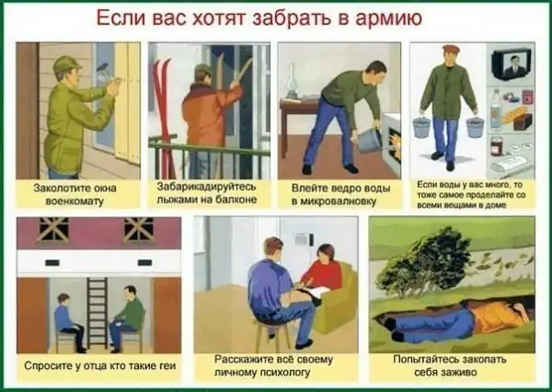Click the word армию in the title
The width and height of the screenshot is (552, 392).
click(x=388, y=18)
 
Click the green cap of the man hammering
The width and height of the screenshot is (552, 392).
click(x=66, y=63)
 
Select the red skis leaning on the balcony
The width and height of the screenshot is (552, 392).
click(x=163, y=116)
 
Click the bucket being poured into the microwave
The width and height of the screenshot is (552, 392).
click(x=371, y=140)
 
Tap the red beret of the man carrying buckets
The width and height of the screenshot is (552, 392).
click(x=451, y=49)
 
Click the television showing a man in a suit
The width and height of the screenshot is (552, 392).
click(x=512, y=64)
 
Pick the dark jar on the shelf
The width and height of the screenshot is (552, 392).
click(x=497, y=146)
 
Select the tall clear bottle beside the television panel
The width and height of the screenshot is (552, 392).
click(x=495, y=110)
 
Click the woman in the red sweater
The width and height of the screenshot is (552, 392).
click(x=321, y=273)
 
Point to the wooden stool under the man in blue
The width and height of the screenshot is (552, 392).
click(x=271, y=335)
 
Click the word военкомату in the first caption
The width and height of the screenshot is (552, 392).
click(x=75, y=202)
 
